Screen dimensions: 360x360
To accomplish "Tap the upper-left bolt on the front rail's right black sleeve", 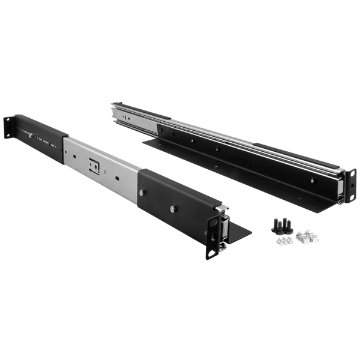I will pos(142,191).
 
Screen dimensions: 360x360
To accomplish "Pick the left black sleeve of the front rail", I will pos(45,138).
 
